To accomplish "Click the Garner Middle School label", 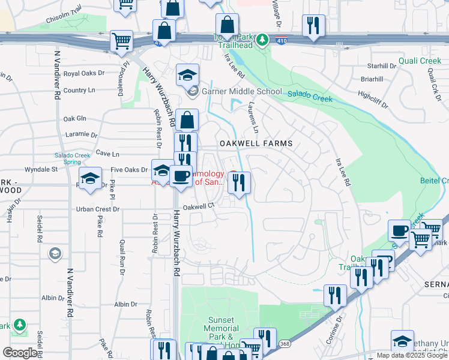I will [241, 92].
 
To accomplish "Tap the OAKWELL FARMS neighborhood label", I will [256, 143].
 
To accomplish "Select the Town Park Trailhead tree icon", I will [262, 40].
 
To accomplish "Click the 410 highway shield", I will [281, 40].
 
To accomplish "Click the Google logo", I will [20, 353].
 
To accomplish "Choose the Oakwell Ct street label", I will [199, 206].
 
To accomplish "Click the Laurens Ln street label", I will [253, 119].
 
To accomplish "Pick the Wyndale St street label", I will [37, 169].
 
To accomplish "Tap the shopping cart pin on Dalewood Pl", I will [122, 41].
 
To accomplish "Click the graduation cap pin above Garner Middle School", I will [188, 75].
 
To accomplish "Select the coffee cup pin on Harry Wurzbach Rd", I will [181, 176].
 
